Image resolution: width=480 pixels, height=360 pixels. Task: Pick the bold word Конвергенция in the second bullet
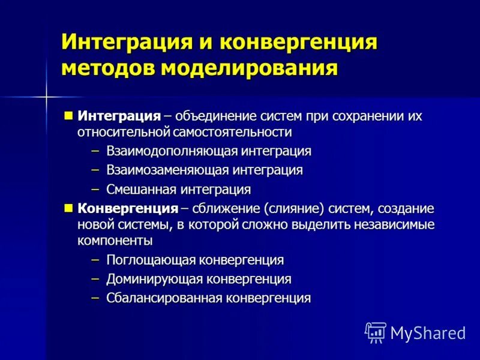point(128,209)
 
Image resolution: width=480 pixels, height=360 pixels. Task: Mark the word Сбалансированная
point(166,298)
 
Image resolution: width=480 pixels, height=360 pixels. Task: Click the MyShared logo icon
point(376,332)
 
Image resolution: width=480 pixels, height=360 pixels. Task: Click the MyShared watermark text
point(428,332)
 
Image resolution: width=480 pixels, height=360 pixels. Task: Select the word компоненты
point(115,241)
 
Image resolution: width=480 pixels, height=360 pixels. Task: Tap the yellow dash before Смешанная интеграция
point(95,189)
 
